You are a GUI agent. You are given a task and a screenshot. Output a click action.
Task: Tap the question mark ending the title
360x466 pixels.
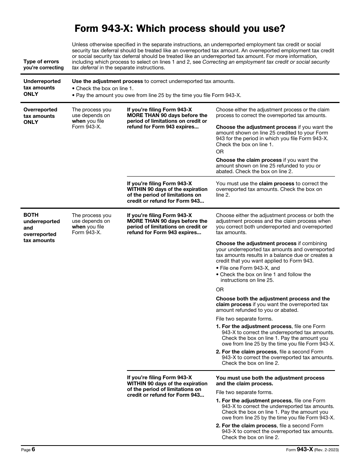283,29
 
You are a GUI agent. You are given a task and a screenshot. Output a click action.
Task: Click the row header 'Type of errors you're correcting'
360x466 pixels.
43,64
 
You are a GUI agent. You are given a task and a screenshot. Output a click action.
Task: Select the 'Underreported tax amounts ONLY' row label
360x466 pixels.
42,88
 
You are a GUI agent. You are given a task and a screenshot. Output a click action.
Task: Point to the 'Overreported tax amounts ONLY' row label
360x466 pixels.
40,116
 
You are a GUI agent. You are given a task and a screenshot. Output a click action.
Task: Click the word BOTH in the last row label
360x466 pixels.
31,215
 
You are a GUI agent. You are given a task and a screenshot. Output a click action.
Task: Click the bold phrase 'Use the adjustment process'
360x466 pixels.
107,81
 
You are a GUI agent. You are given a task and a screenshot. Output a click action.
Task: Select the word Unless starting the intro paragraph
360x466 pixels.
80,45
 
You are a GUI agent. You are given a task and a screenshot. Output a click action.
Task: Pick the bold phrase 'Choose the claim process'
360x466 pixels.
249,160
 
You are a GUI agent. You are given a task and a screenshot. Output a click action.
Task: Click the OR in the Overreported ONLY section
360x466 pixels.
220,152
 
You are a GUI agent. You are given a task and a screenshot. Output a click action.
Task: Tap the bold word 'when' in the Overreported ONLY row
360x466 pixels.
78,121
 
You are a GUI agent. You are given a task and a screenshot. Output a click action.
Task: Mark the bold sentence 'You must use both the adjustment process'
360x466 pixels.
270,378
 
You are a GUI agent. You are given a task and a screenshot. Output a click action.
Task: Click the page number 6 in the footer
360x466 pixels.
33,449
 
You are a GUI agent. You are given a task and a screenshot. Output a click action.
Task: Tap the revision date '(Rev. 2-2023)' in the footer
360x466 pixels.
327,450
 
